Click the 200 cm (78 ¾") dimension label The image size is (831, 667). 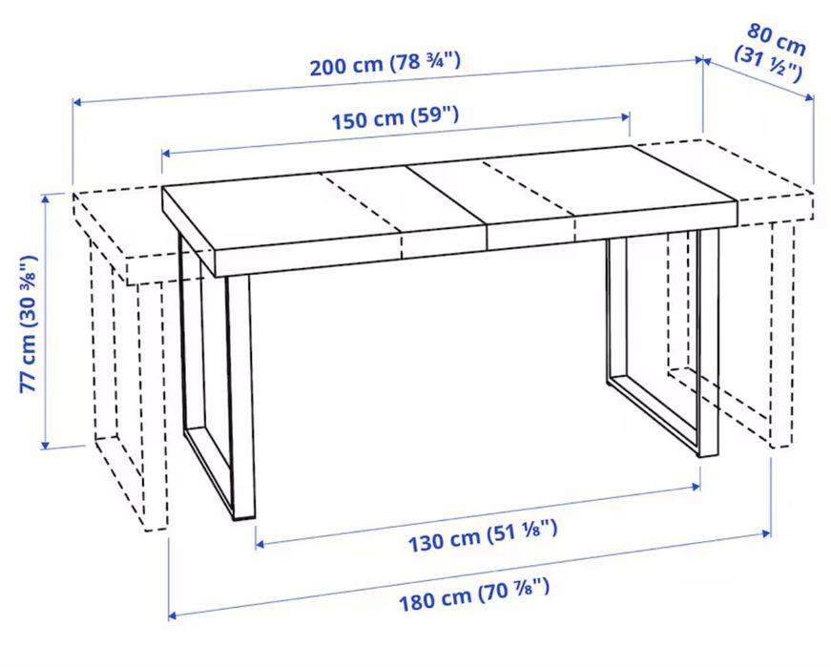coord(385,64)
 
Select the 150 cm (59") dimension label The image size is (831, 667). coord(395,117)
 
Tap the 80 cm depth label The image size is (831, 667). coord(777,40)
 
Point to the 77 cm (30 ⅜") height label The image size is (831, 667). coord(29,323)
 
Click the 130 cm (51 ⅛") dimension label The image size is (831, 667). coord(483,536)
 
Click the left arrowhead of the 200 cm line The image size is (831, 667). coord(76,102)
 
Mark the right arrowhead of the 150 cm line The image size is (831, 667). coord(626,117)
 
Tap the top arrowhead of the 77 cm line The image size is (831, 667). coord(46,198)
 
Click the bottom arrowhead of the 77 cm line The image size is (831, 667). coord(46,445)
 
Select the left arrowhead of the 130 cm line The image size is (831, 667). coord(260,544)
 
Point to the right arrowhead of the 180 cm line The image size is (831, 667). coord(766,532)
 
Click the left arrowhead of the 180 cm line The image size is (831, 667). coord(173,615)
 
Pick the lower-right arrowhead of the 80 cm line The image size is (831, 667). coord(809,97)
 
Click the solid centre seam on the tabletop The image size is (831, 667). coord(447,196)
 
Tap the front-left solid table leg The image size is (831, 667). coord(240,397)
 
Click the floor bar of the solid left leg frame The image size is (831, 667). coord(208,472)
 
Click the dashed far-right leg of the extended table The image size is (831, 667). coord(782,334)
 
